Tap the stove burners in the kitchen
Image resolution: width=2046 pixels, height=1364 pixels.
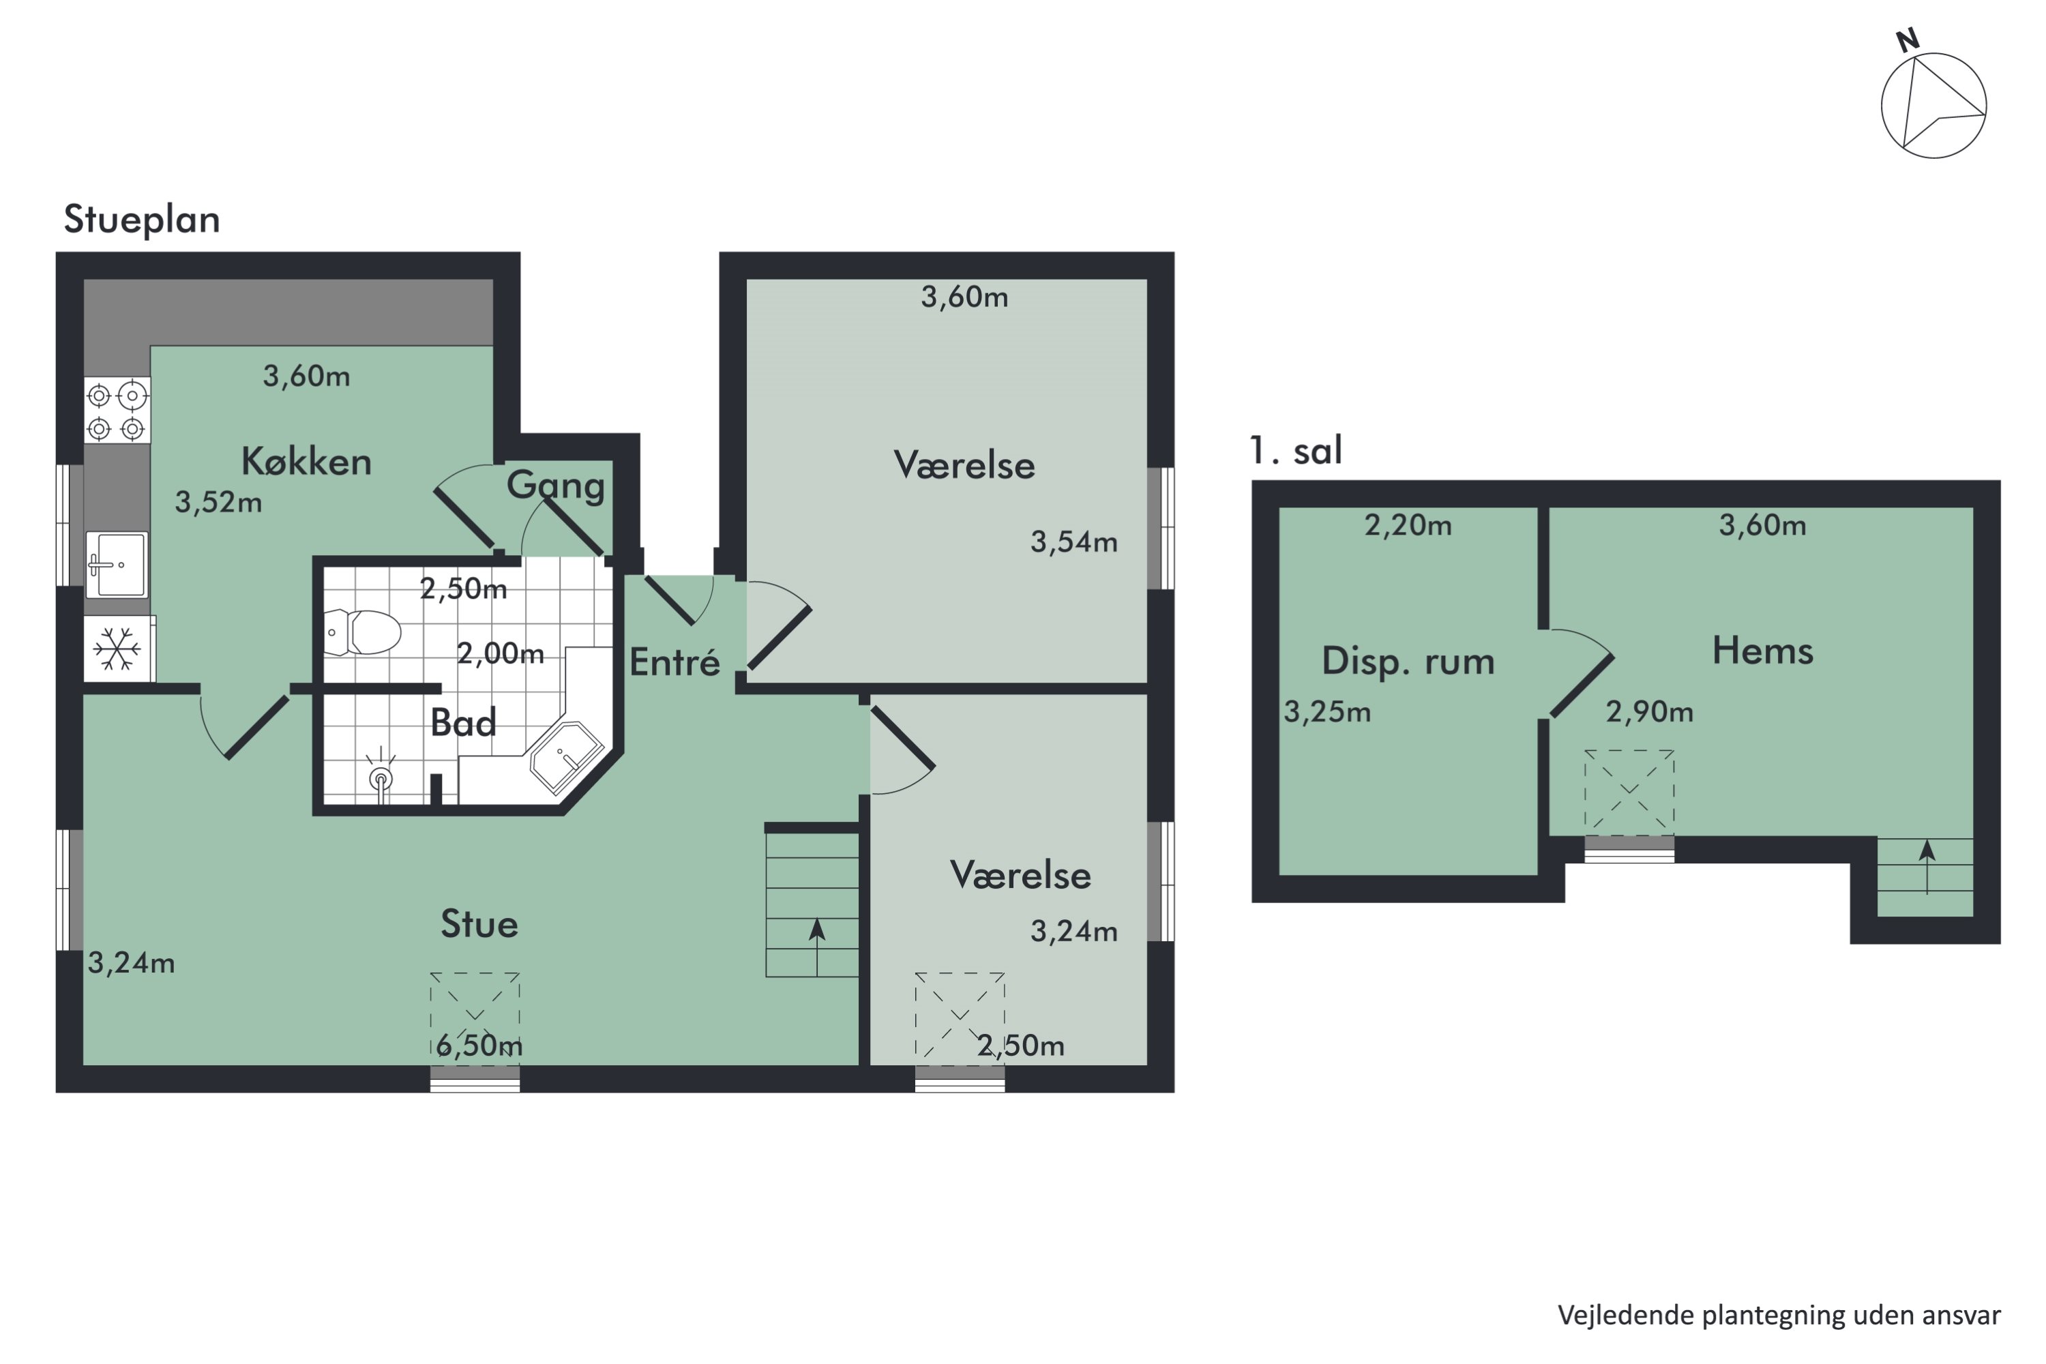(x=117, y=411)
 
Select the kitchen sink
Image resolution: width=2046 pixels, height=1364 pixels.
(x=117, y=565)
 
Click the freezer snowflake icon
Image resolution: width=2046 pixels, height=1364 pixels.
(x=117, y=649)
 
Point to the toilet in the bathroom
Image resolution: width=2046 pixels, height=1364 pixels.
(x=362, y=632)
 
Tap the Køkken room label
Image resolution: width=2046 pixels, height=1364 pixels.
(x=306, y=461)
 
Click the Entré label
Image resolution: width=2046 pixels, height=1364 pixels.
(x=675, y=662)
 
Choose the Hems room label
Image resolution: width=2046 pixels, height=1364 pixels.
(x=1762, y=651)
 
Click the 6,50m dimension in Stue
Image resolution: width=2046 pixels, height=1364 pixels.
(x=479, y=1045)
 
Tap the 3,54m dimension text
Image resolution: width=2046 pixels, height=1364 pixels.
(x=1074, y=542)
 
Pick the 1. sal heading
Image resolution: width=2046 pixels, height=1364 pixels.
(x=1295, y=451)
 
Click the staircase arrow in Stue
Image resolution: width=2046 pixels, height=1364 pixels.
(x=817, y=947)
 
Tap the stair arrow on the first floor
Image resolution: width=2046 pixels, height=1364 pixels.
(x=1927, y=866)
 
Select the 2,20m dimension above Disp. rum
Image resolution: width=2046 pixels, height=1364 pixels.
(x=1408, y=524)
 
